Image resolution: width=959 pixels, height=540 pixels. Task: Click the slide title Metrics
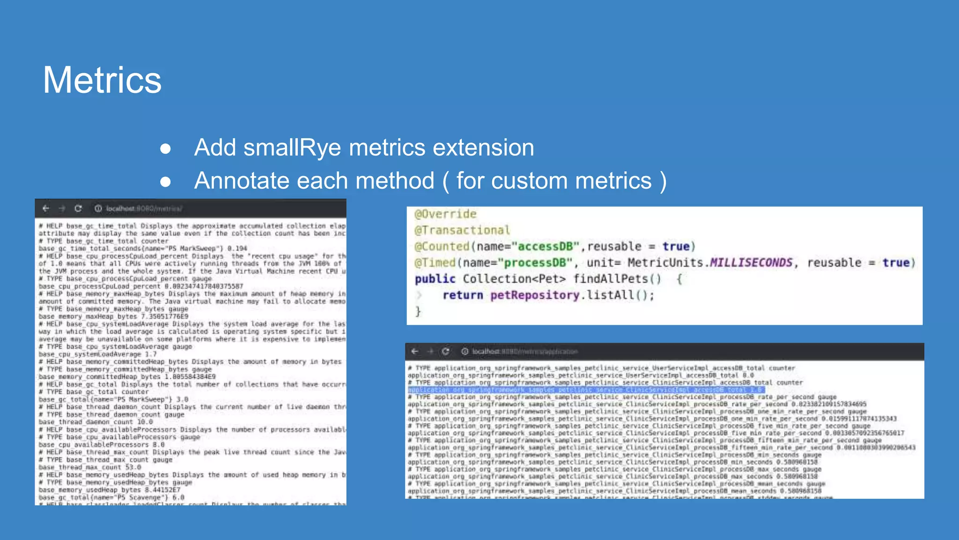(x=102, y=80)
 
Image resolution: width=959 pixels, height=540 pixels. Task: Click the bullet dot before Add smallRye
(x=165, y=149)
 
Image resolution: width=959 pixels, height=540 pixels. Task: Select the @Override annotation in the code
(x=445, y=214)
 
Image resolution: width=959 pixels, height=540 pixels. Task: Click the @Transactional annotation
(x=462, y=230)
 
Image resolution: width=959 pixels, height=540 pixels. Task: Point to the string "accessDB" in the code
(x=545, y=247)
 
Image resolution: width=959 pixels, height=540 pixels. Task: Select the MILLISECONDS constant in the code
(x=751, y=263)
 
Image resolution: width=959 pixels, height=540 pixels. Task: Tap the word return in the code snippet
(x=463, y=295)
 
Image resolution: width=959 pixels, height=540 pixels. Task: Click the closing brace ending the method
(x=418, y=312)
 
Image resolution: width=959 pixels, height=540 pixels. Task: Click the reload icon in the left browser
(x=78, y=209)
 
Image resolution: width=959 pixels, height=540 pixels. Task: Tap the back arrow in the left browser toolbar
(x=46, y=209)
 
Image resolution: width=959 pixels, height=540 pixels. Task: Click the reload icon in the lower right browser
(x=445, y=352)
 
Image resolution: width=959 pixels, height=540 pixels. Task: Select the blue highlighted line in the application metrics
(x=585, y=390)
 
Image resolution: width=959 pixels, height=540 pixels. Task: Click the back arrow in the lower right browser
(x=415, y=352)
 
